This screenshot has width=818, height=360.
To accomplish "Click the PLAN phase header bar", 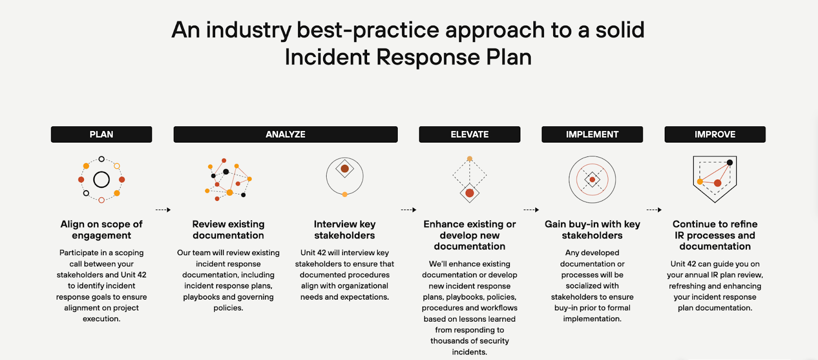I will (101, 134).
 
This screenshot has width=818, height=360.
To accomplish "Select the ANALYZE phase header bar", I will (285, 134).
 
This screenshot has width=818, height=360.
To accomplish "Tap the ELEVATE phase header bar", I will (469, 134).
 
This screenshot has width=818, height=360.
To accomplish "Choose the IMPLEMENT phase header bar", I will (592, 134).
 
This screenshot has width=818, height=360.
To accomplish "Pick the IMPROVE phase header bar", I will (715, 134).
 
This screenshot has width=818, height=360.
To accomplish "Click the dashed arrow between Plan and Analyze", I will (163, 210).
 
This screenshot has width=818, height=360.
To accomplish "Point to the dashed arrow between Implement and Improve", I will (654, 210).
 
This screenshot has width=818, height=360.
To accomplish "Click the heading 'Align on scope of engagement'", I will (101, 230).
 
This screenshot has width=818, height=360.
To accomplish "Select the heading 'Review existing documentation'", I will (228, 230).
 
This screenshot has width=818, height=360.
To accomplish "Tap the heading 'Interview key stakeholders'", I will (345, 230).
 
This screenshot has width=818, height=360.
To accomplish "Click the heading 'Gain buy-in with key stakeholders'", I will (592, 230).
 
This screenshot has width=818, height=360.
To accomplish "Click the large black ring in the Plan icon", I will (101, 179).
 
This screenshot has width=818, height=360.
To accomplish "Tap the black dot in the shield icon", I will (730, 163).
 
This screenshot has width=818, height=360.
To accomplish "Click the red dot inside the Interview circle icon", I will (345, 169).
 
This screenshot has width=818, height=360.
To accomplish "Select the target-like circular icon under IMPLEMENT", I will (592, 179).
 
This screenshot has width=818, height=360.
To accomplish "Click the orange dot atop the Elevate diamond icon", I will (469, 159).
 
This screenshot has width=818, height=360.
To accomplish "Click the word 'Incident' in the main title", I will (328, 57).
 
